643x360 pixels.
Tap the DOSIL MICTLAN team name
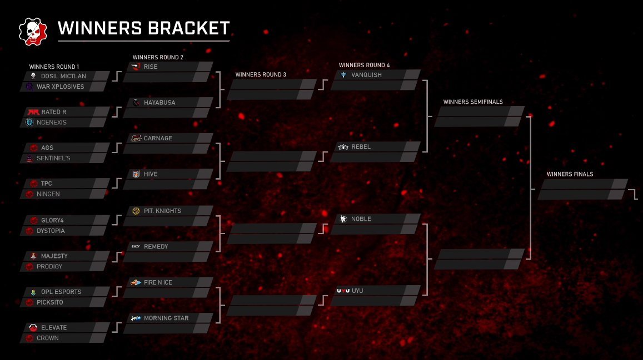pos(63,76)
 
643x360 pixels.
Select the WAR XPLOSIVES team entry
pos(60,87)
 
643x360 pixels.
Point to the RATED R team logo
pos(33,112)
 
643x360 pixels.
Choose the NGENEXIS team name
pos(51,123)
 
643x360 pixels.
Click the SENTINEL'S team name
pos(53,159)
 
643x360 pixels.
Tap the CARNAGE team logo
pos(135,138)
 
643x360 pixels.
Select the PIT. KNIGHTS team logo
pos(136,211)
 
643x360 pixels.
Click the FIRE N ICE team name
pos(158,282)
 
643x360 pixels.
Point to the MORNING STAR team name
pos(166,318)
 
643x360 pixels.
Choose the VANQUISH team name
pos(366,75)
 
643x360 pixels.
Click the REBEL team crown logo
pos(343,147)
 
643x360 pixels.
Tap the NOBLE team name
pos(361,219)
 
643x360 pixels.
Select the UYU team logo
pos(342,291)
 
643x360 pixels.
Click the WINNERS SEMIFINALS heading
pos(473,102)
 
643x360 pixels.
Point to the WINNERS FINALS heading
pos(570,174)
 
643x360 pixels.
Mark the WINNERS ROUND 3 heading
pos(261,74)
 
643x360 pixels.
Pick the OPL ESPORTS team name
pos(61,292)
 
